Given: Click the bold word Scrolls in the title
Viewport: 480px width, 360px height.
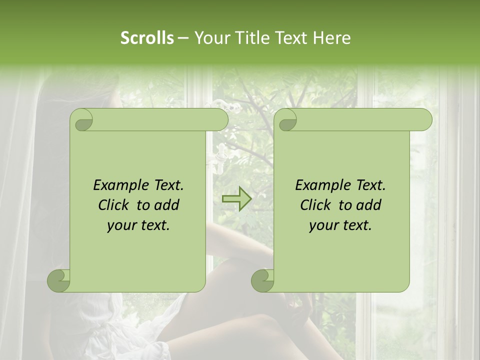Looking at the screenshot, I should click(147, 38).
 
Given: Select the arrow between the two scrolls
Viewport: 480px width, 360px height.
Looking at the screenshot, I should click(236, 199).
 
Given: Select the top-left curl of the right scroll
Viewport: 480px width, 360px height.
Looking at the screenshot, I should click(287, 120).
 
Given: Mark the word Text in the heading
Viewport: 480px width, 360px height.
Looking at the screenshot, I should click(290, 38).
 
